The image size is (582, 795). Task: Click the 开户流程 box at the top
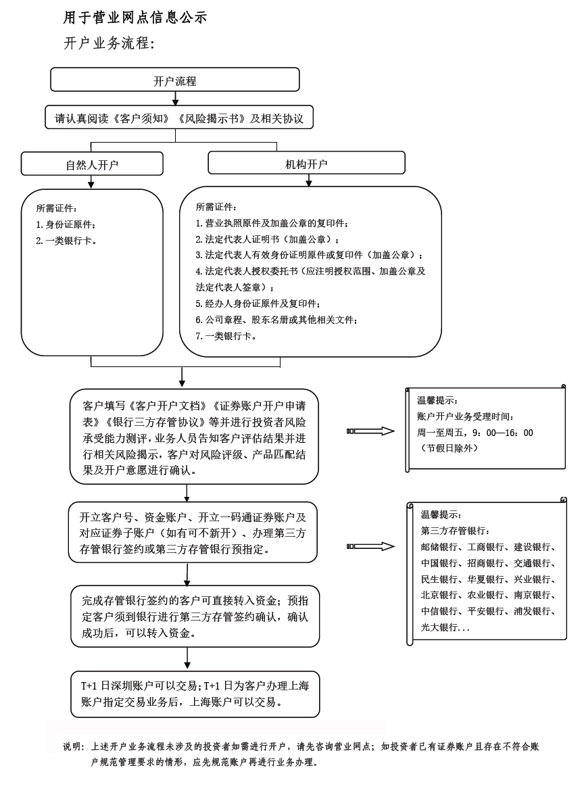click(x=174, y=80)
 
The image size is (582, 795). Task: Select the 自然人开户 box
click(x=92, y=164)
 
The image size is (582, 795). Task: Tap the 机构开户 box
click(x=306, y=163)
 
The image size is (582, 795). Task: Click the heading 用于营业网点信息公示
click(x=135, y=18)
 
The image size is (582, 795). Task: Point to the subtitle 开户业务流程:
click(x=110, y=43)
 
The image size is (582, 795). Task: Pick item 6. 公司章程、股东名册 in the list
click(x=276, y=319)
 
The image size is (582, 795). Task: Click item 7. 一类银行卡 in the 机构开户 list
click(x=226, y=335)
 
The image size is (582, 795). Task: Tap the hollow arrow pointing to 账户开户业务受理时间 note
click(x=370, y=431)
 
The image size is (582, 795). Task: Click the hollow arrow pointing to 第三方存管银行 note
click(x=370, y=546)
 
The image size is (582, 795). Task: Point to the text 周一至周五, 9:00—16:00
click(x=475, y=433)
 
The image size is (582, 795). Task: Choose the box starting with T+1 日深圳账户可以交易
click(x=195, y=694)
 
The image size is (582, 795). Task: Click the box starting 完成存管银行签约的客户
click(x=195, y=617)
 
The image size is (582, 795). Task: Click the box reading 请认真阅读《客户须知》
click(x=179, y=119)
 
